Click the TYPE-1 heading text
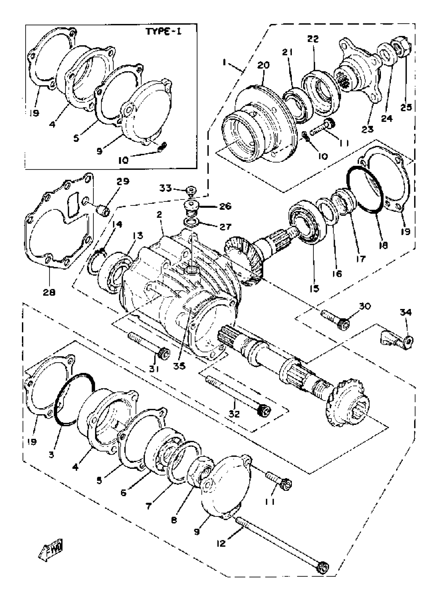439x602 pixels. click(164, 32)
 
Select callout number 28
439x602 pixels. click(49, 292)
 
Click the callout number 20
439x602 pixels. click(263, 65)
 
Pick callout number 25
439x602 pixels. click(406, 107)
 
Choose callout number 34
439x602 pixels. click(406, 312)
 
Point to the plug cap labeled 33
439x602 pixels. click(191, 190)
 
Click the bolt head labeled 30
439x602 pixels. click(344, 324)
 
